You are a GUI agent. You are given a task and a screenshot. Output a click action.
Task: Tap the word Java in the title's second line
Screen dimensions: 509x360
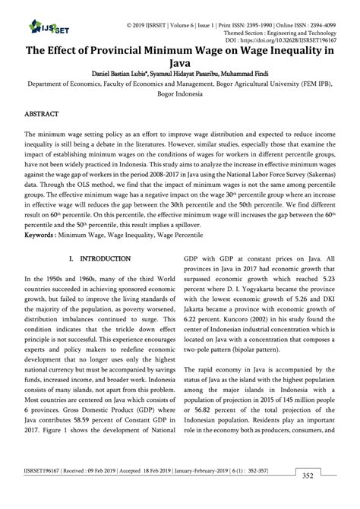coord(179,64)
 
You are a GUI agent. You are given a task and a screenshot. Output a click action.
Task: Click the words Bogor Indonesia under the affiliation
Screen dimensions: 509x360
coord(180,98)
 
